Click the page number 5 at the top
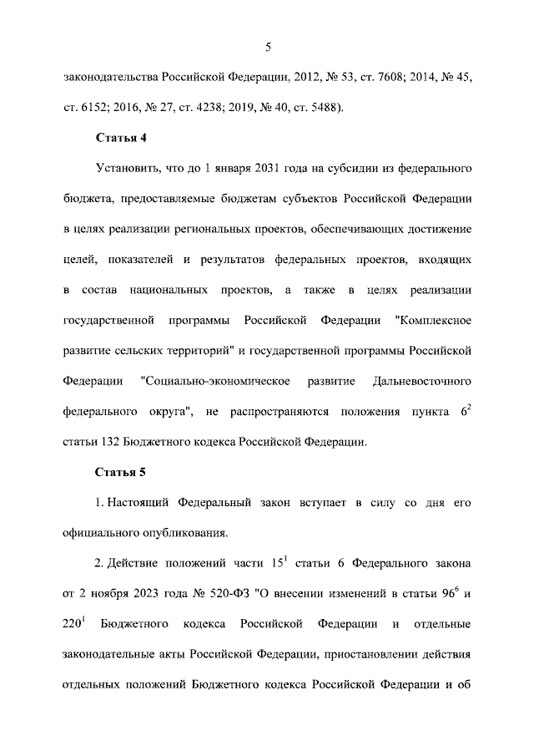267,46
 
